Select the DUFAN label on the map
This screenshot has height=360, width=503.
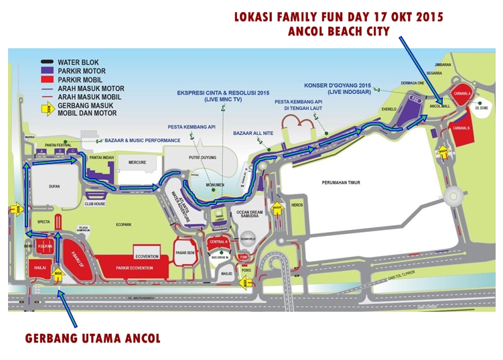(44, 188)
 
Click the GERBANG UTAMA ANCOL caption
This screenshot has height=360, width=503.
(92, 338)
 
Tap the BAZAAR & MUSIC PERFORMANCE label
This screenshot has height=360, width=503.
(143, 140)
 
